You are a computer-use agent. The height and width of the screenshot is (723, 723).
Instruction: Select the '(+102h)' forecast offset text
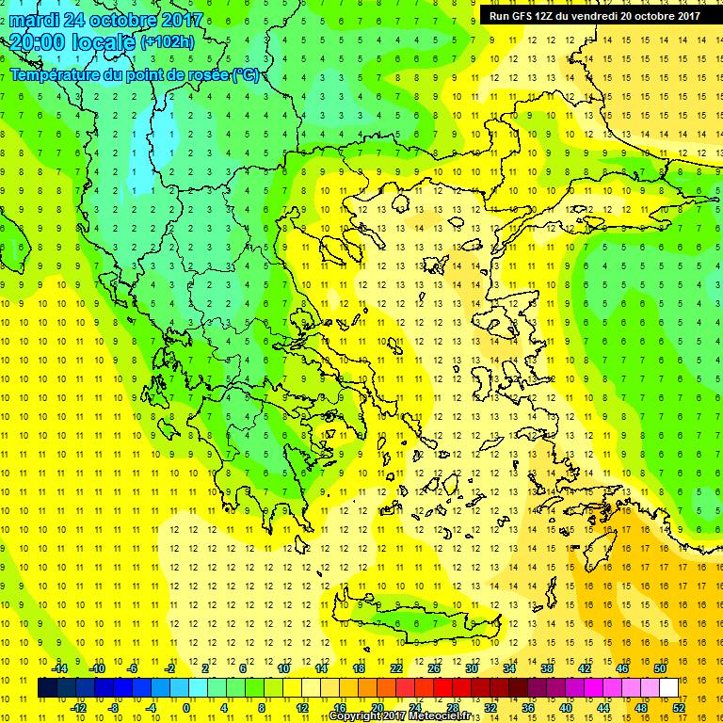click(168, 42)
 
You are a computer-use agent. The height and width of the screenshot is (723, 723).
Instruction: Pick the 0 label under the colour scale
click(186, 708)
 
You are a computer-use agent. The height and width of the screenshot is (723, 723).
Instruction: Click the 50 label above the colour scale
click(660, 668)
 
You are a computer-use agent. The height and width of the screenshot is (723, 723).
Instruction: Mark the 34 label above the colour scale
click(509, 668)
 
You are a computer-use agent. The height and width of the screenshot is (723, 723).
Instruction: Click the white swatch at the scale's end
click(669, 688)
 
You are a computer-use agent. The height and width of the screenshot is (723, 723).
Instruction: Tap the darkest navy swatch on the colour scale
click(47, 688)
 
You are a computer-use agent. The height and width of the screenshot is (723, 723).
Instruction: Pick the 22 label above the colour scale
click(396, 668)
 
